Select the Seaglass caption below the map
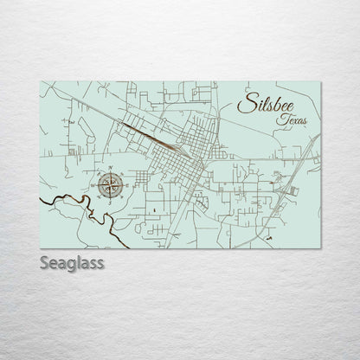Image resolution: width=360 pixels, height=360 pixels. [71, 262]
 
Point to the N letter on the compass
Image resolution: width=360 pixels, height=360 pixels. [110, 166]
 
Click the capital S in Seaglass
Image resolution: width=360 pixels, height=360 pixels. [44, 261]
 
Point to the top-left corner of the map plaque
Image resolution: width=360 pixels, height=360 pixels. [41, 82]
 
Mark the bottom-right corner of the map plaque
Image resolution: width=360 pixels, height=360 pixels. [322, 241]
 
